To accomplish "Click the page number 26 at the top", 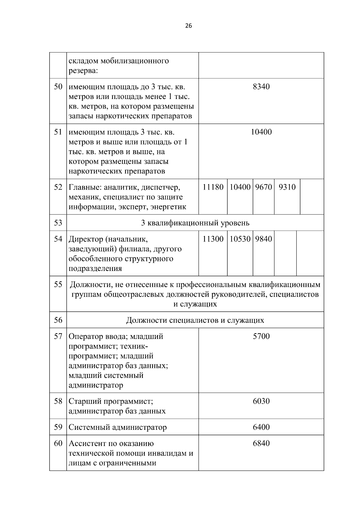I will (x=188, y=26).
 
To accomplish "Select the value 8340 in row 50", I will (x=261, y=87).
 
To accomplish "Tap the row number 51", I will (x=58, y=132).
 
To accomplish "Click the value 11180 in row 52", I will (x=213, y=187).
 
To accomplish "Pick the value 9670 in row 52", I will (x=263, y=187).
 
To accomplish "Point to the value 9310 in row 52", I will (x=287, y=187).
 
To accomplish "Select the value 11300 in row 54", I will (x=213, y=239).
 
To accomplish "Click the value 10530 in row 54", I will (x=240, y=239).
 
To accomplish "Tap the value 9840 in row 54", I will (x=263, y=239).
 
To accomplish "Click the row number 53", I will (x=58, y=223).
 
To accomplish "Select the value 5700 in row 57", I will (x=261, y=336).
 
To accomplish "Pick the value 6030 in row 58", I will (x=261, y=401).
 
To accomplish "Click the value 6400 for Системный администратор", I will (x=261, y=427).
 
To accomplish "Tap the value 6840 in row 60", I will (x=261, y=443).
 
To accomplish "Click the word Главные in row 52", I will (x=85, y=187).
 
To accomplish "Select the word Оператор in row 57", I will (x=85, y=337).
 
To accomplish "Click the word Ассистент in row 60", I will (x=87, y=444).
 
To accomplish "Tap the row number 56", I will (x=58, y=320).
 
